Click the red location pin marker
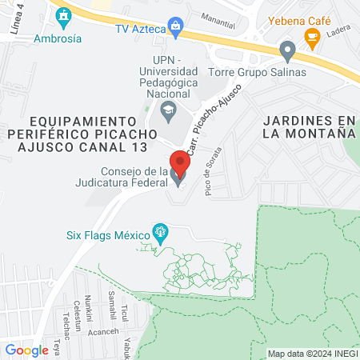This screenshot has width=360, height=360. (x=180, y=164)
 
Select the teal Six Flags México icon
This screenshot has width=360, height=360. (x=161, y=234)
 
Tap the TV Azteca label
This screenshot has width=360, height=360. (x=140, y=30)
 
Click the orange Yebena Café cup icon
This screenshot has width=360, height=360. (x=312, y=36)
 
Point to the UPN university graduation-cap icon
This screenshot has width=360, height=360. (x=168, y=109)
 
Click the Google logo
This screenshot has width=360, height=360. (x=26, y=350)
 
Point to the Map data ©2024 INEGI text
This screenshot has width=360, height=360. (x=311, y=354)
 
